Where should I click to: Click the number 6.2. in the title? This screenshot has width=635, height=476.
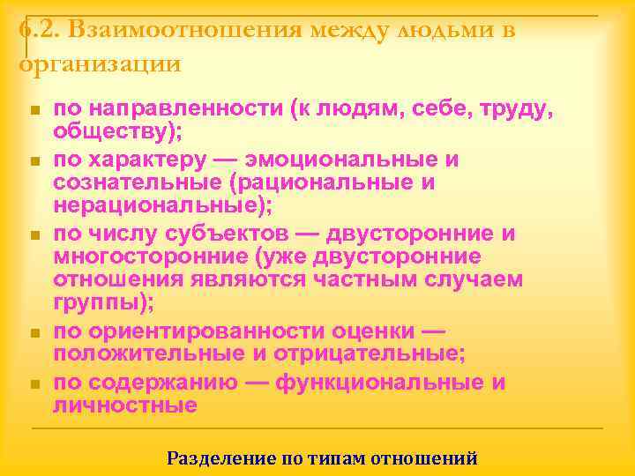click(x=38, y=29)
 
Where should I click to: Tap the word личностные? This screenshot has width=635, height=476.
click(x=124, y=405)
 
